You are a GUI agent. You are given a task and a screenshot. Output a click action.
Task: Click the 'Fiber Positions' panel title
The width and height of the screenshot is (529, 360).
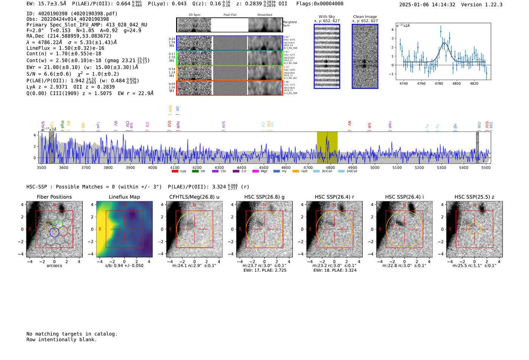point(54,197)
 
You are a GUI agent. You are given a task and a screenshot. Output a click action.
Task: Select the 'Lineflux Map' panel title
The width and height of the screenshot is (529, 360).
point(124,197)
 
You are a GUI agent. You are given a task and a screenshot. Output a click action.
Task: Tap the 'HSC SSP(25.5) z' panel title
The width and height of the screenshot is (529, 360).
point(474,197)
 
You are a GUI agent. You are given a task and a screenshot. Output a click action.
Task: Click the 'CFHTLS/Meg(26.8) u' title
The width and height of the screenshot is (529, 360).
point(194,197)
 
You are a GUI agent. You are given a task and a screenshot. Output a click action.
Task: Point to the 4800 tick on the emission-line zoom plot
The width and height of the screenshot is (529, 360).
point(456,83)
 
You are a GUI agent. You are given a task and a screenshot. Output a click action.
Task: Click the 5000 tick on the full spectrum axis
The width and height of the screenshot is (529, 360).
point(374,167)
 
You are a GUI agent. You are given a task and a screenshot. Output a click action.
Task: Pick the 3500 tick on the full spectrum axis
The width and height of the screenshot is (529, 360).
point(41,167)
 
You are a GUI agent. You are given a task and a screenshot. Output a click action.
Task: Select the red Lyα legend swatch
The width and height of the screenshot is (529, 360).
point(175,171)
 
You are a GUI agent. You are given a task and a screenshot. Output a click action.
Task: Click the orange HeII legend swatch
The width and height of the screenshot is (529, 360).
point(295,171)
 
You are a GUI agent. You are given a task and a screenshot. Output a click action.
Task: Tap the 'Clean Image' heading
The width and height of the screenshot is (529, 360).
point(365,17)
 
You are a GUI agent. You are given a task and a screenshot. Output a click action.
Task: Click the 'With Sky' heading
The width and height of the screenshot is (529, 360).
point(326,17)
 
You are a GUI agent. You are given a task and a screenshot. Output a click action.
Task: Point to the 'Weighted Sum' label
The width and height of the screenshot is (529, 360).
point(289,24)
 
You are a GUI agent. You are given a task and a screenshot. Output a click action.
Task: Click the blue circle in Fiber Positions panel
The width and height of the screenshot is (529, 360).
point(54,232)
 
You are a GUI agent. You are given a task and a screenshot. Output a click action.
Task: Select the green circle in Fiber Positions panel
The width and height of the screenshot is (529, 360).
point(57,224)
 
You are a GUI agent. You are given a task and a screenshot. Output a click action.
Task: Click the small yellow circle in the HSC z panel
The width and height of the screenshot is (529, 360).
point(474,229)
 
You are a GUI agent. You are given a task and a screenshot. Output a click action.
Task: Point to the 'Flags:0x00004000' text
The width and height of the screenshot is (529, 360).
point(320,3)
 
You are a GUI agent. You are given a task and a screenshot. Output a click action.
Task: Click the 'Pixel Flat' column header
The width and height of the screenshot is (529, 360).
point(230,15)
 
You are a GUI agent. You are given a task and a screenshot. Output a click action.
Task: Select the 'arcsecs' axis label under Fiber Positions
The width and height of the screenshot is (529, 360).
point(54,266)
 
